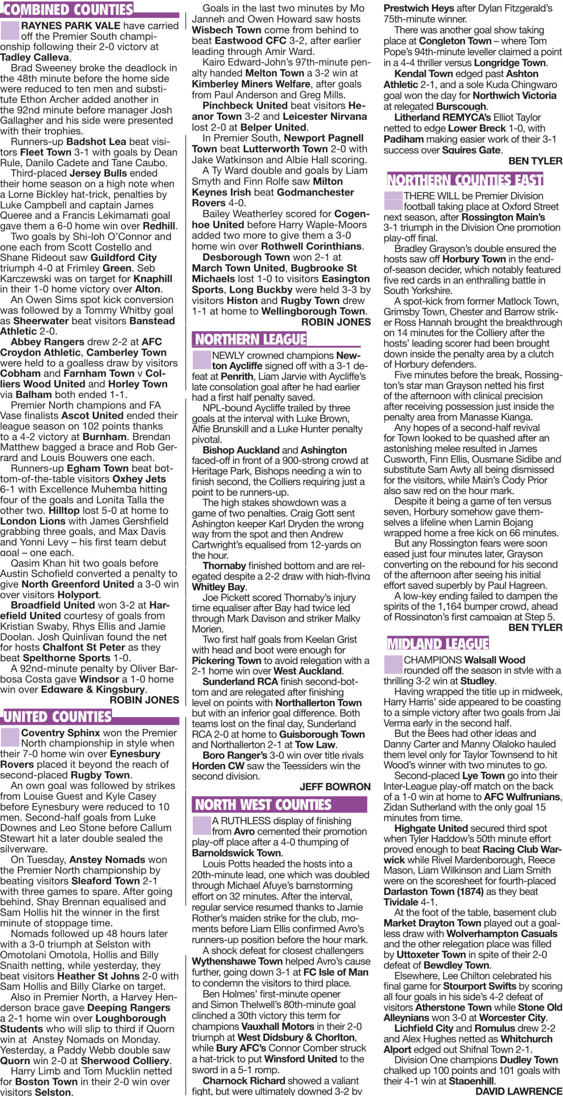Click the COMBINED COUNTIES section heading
[67, 9]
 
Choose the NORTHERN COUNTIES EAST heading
[465, 180]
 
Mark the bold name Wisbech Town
[226, 30]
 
